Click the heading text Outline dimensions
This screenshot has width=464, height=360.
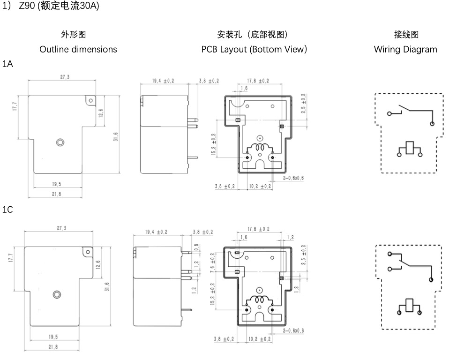78,49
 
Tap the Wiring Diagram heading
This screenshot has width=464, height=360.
405,49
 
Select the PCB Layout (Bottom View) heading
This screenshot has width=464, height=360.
254,49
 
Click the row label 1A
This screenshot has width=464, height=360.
7,64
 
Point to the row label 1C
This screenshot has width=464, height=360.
7,210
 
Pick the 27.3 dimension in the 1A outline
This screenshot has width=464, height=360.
65,77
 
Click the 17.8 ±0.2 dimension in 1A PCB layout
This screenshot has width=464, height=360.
258,81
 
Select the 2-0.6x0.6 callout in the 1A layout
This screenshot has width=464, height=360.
293,178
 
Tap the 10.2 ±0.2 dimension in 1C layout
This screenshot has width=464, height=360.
260,339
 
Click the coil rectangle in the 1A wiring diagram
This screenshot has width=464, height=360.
409,148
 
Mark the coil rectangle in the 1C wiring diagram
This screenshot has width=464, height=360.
409,305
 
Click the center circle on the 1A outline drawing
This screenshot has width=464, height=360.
60,142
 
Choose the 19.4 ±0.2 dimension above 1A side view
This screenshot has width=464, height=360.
163,81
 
